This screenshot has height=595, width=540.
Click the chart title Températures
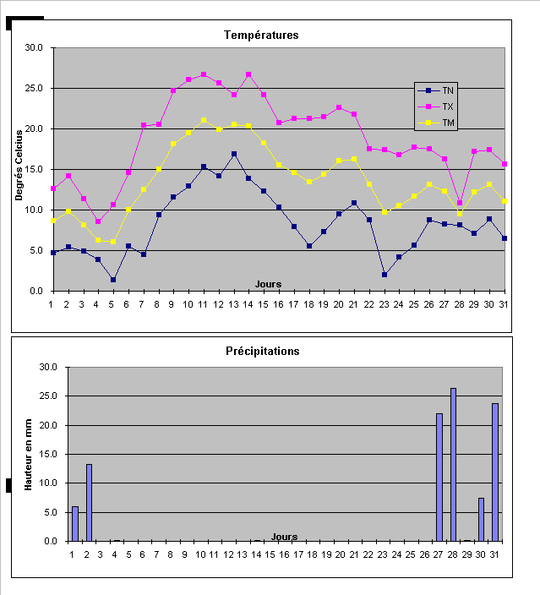261,35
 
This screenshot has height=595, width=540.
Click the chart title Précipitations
262,351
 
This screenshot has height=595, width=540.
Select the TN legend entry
448,90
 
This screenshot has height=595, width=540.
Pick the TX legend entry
448,106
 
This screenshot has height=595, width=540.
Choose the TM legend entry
448,123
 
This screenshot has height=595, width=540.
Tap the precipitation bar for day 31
495,472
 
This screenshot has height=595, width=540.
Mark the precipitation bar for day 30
482,519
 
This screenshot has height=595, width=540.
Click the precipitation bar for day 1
75,523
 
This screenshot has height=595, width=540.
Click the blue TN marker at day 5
112,280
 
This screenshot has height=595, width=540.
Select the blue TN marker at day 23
385,275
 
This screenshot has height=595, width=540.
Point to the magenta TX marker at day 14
248,74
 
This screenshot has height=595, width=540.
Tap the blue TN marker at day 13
233,154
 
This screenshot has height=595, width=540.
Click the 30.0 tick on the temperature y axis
35,48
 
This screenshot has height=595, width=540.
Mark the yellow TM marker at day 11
203,120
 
